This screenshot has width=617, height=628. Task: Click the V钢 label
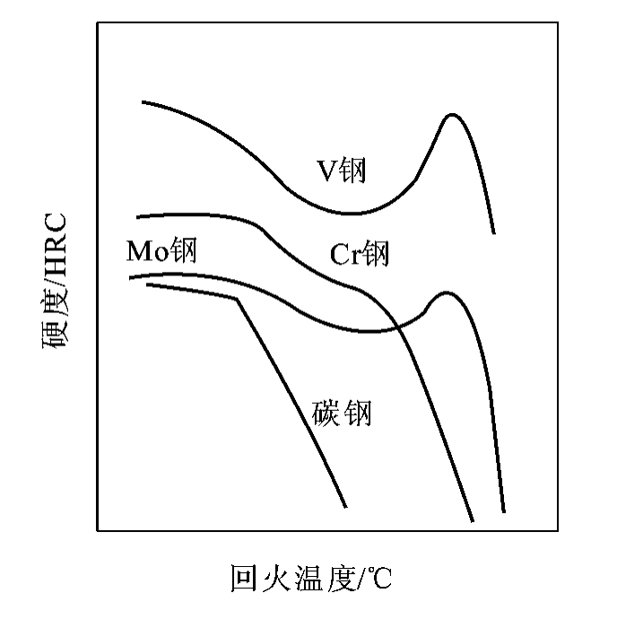pos(342,170)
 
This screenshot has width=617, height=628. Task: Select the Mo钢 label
pos(161,250)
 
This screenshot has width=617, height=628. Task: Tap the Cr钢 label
pos(359,254)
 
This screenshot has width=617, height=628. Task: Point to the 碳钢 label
pos(342,413)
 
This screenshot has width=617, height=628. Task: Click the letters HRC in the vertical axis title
pos(55,243)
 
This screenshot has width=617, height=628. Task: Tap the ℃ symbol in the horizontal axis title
pos(378,578)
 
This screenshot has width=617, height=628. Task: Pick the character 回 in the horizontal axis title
pos(243,578)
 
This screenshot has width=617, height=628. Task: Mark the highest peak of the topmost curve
pos(452,115)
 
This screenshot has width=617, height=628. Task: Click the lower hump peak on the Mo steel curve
pos(447,293)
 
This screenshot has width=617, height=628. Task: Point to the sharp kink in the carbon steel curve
pos(238,299)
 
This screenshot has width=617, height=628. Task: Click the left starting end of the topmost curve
pos(143,102)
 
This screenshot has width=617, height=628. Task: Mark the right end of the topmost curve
pos(494,233)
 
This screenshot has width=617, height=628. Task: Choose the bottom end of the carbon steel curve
pos(345,507)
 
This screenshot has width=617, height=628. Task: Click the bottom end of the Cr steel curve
pos(473,521)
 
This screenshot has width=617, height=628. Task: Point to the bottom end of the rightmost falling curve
pos(504,511)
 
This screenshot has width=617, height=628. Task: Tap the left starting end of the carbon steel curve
pos(148,284)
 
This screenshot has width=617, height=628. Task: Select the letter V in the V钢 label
pos(326,171)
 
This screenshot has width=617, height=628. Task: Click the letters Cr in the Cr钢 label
pos(345,255)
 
